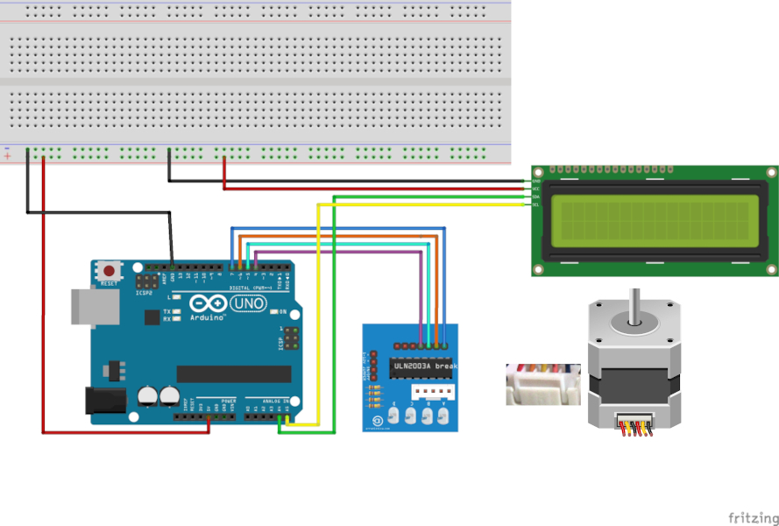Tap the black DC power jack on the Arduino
tap(103, 401)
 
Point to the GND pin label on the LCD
tap(535, 181)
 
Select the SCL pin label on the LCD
tap(535, 204)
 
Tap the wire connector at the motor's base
tap(635, 425)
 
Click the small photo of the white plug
tap(543, 384)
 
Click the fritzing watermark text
tap(752, 517)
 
